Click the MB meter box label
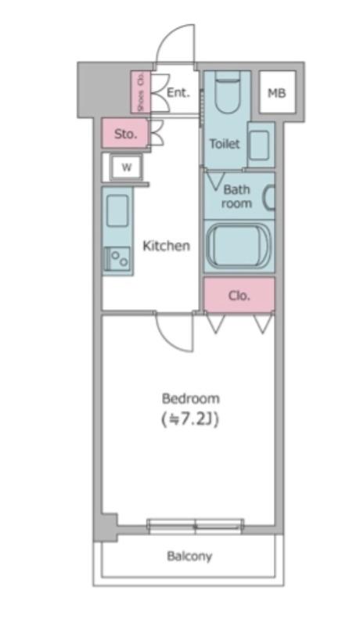tap(276, 93)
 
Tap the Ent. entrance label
tap(178, 92)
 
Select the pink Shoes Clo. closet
tap(141, 92)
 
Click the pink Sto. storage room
tap(125, 133)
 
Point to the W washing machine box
tap(126, 167)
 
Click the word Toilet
tap(225, 143)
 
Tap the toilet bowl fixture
tap(228, 92)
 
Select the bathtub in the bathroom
tap(238, 246)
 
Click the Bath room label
tap(236, 196)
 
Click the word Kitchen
tap(166, 246)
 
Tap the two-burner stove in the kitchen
tap(117, 259)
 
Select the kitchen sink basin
tap(117, 210)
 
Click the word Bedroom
tap(190, 398)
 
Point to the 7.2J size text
tap(190, 419)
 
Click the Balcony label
tap(189, 556)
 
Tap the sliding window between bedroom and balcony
tap(195, 526)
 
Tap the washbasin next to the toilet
tap(261, 145)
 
